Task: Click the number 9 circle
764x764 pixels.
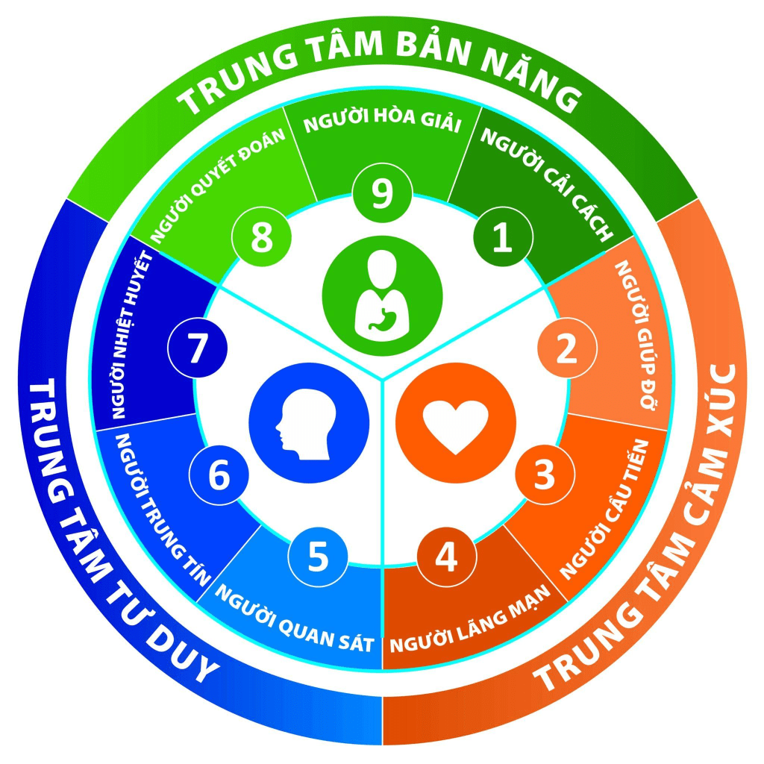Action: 381,195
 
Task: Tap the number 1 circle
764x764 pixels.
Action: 504,239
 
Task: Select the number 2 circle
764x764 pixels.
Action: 567,349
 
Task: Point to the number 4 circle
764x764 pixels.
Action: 446,557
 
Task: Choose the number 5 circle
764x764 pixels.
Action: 319,557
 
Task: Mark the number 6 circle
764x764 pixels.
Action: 218,475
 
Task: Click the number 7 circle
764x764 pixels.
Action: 197,349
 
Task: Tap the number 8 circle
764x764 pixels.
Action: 261,239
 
